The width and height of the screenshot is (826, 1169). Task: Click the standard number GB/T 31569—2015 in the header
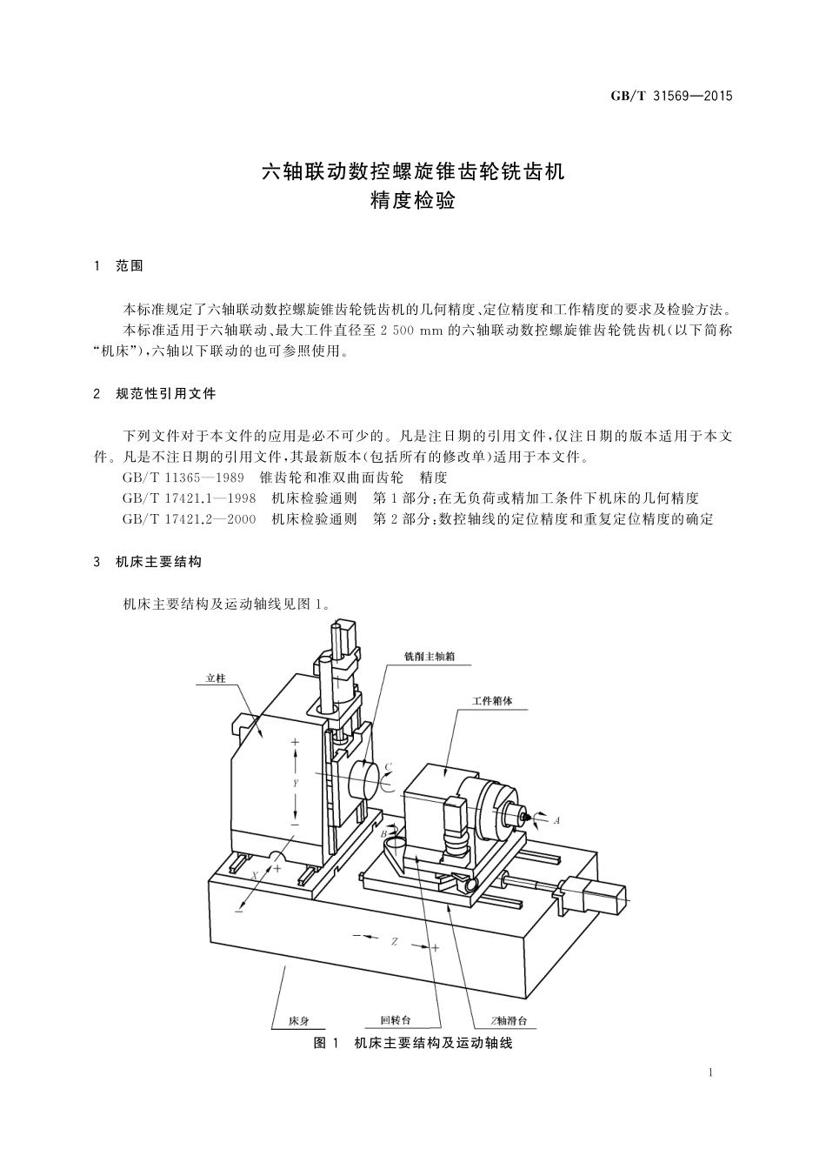point(671,96)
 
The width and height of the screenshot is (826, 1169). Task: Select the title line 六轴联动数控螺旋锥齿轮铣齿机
point(413,171)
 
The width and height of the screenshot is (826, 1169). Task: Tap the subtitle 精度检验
point(413,202)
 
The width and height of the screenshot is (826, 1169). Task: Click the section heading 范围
point(129,266)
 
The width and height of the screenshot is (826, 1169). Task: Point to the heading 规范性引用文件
point(165,394)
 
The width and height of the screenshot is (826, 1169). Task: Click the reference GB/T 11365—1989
point(183,478)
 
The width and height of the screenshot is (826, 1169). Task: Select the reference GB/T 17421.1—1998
point(190,498)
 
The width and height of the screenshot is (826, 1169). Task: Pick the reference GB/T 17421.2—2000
point(190,519)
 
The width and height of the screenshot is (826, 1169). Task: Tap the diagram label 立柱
point(216,678)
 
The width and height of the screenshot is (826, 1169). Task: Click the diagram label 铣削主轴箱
point(430,657)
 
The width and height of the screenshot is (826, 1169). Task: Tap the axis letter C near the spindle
point(388,766)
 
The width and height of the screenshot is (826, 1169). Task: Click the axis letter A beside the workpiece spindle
point(556,820)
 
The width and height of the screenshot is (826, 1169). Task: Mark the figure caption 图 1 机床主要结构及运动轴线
point(413,1043)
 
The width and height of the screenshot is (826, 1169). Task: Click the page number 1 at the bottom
point(711,1072)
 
